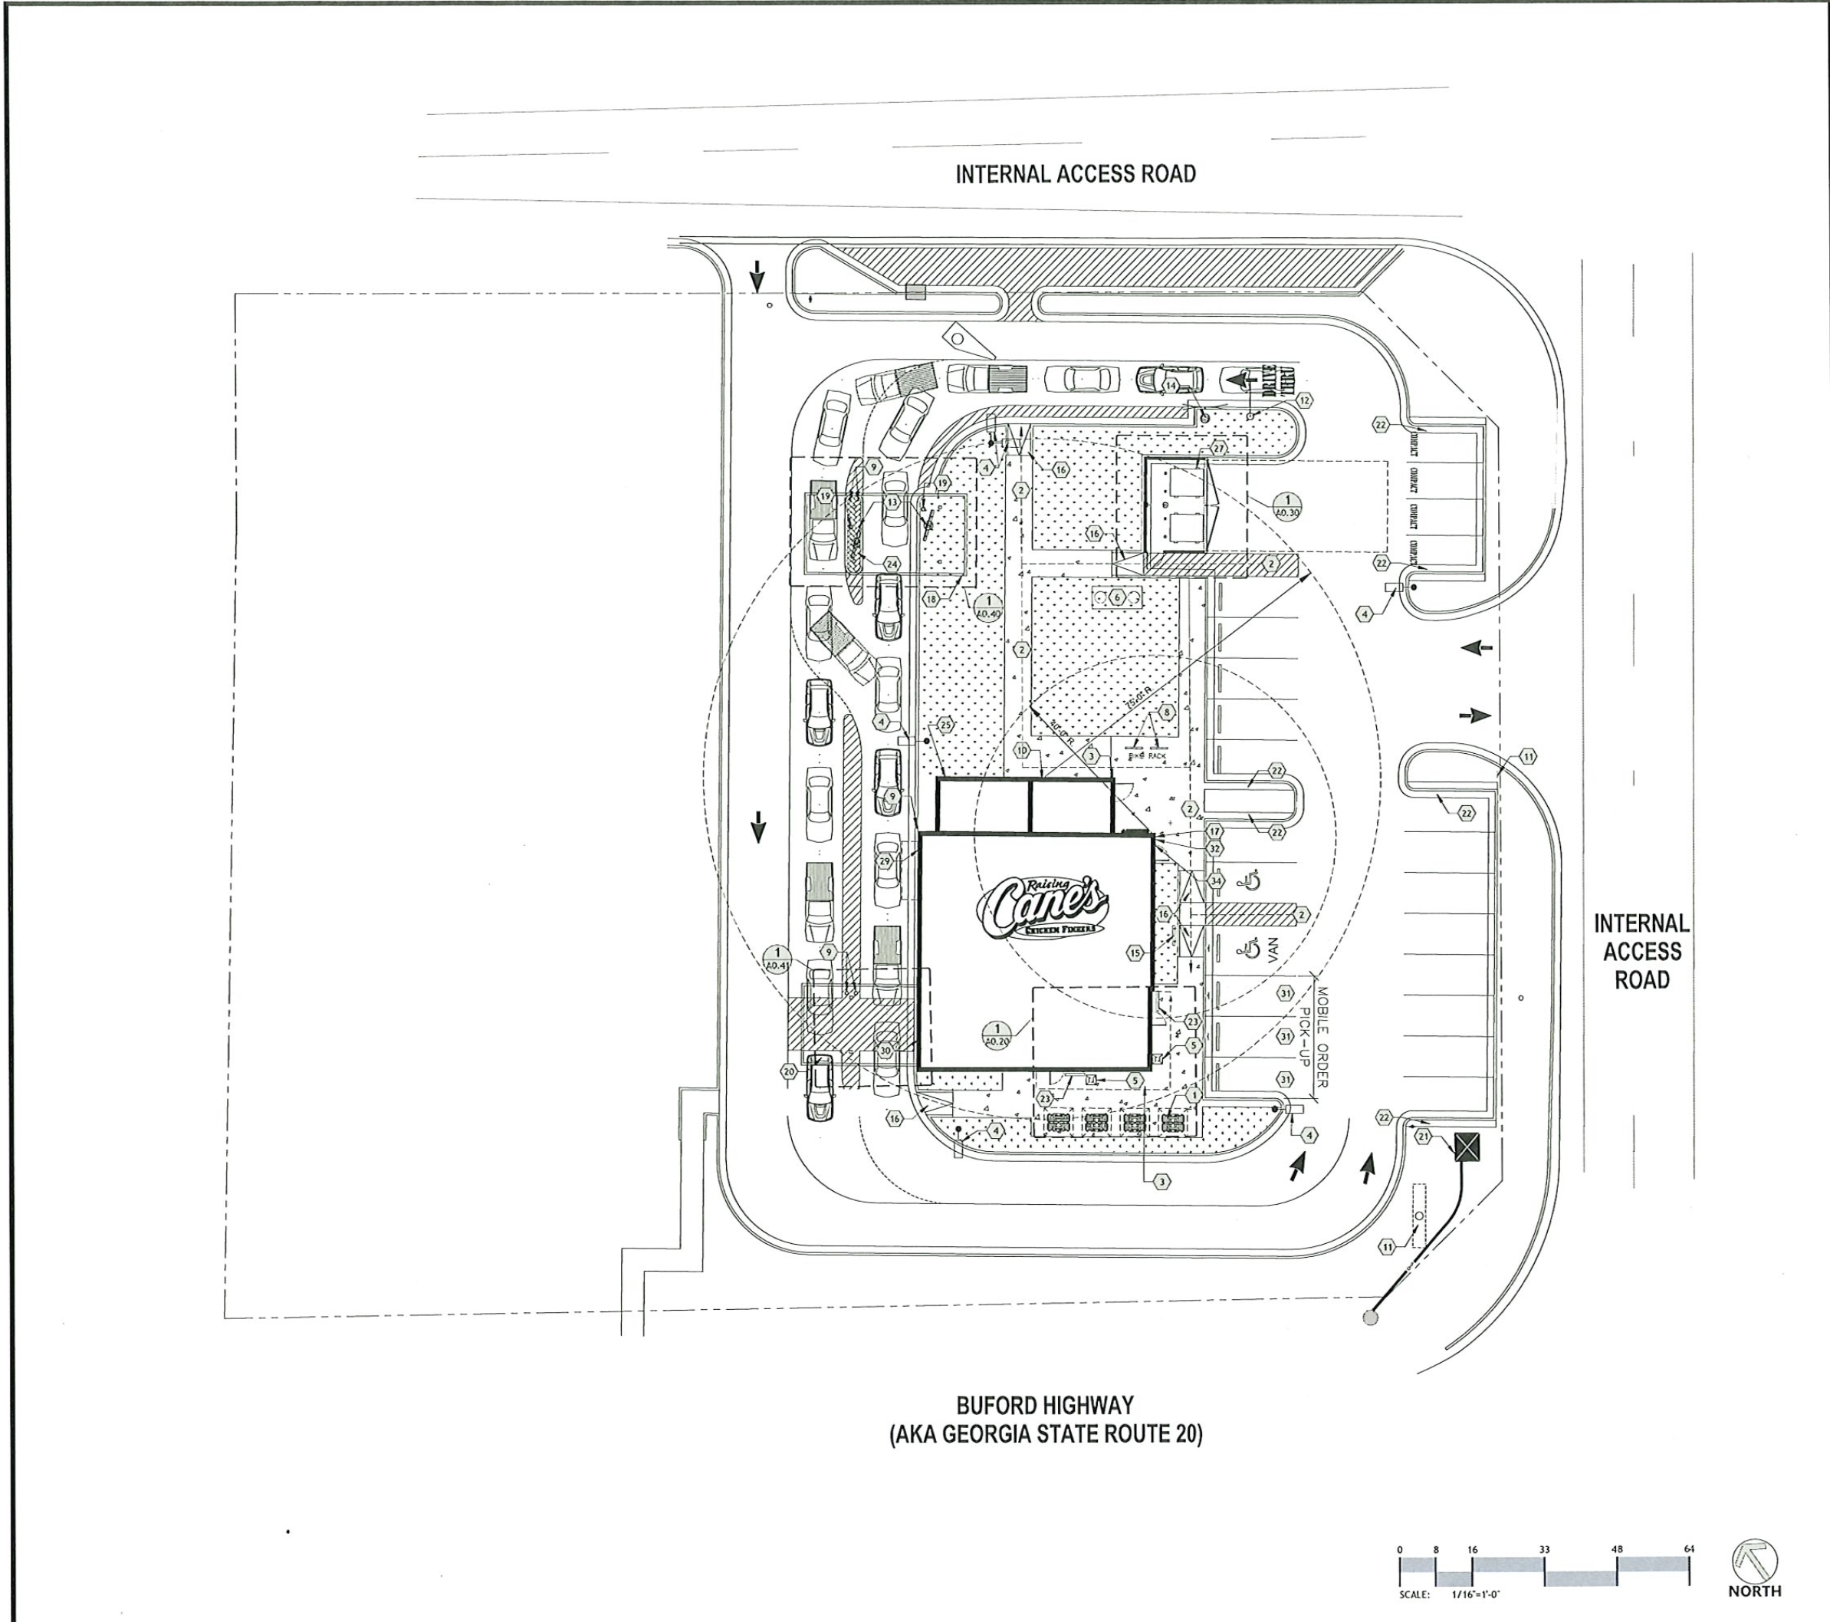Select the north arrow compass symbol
point(1755,1563)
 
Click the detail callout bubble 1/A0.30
point(1286,506)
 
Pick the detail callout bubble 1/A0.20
point(997,1035)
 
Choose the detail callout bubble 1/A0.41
point(777,959)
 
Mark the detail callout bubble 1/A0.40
point(988,607)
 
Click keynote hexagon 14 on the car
point(1171,385)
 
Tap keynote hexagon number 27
point(1218,448)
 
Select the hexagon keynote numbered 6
point(1116,597)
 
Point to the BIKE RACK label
point(1147,756)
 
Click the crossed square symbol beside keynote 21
point(1466,1147)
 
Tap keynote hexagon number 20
point(789,1071)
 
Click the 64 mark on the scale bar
point(1688,1548)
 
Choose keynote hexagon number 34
point(1215,880)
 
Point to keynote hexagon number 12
point(1304,400)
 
